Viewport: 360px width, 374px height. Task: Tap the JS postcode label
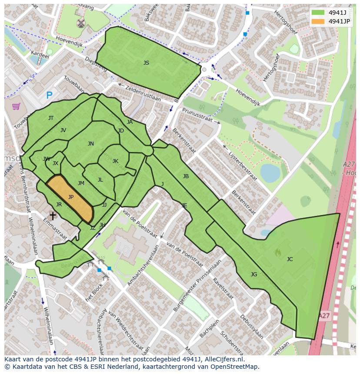point(146,63)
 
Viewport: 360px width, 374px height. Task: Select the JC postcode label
point(290,259)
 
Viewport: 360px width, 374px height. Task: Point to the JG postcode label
point(254,274)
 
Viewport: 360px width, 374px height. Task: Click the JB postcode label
point(186,176)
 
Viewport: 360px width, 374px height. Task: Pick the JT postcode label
point(51,118)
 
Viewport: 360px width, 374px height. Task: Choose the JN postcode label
point(90,144)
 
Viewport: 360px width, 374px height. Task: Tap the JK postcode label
point(115,161)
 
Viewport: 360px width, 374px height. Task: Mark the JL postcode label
point(100,180)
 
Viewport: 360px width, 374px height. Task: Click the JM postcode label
point(81,183)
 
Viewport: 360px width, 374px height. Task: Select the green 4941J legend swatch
point(318,13)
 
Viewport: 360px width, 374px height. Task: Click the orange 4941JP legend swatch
point(318,21)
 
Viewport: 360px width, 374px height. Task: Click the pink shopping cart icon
point(16,106)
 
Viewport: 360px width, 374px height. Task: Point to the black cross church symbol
point(53,215)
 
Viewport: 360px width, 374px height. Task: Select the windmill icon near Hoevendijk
point(80,23)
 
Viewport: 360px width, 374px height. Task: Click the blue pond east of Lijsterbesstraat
point(270,173)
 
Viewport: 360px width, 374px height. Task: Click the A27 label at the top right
point(349,164)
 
